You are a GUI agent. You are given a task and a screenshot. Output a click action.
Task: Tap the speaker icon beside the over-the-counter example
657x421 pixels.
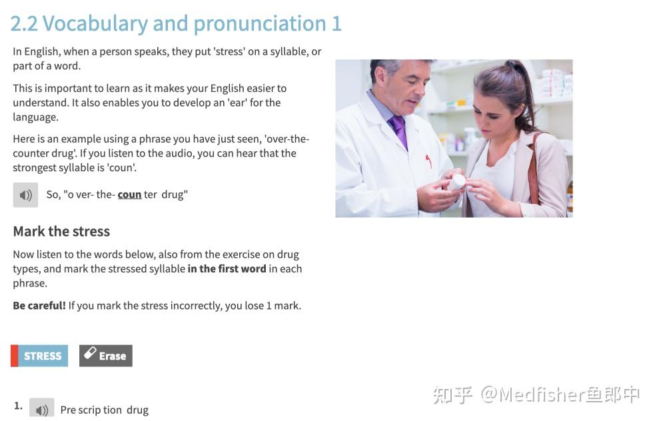[x=25, y=195]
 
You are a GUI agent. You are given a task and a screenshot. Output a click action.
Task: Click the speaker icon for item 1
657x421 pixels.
[x=42, y=409]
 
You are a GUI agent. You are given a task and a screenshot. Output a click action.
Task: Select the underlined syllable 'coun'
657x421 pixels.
[x=129, y=195]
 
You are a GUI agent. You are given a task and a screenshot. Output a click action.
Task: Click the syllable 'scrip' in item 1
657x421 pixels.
[x=89, y=410]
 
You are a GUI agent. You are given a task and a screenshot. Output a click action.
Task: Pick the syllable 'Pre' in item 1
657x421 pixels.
[x=68, y=410]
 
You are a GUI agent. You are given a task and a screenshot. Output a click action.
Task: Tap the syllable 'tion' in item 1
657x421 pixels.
[x=113, y=410]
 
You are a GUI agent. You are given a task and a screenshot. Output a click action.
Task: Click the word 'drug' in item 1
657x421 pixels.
[x=137, y=410]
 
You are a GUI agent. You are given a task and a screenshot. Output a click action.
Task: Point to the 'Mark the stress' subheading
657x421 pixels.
[x=61, y=231]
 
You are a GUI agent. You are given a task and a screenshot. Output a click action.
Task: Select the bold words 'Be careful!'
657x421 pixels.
[x=39, y=306]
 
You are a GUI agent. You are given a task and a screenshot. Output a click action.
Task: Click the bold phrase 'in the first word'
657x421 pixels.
[x=227, y=268]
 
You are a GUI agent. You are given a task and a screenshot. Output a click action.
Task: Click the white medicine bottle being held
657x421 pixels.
[x=456, y=181]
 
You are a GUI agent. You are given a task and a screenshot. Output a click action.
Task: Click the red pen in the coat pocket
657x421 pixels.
[x=428, y=161]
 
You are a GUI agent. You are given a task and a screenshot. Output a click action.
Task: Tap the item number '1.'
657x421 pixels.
[x=18, y=406]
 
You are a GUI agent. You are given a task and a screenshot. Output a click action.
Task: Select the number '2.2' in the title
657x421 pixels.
[x=25, y=23]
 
